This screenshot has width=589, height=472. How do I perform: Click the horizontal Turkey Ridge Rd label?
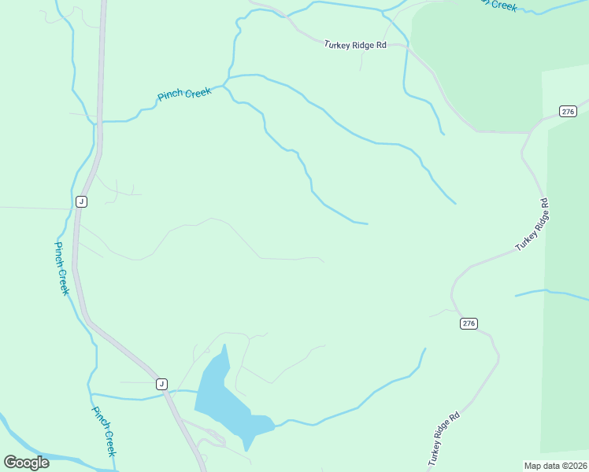(355, 46)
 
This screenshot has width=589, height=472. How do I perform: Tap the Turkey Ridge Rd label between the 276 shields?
(532, 226)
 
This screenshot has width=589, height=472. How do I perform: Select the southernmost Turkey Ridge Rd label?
(443, 438)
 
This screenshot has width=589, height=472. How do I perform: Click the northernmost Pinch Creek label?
(184, 94)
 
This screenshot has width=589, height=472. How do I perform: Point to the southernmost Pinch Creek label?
(104, 431)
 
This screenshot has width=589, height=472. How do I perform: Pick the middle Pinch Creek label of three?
(61, 267)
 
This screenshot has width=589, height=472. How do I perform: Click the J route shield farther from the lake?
(80, 201)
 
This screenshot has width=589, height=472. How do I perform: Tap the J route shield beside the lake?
(161, 384)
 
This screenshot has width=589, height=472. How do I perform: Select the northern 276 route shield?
(568, 111)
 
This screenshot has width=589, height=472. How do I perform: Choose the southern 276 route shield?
(469, 323)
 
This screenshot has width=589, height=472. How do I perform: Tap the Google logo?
(26, 462)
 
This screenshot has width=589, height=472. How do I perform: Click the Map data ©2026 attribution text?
(555, 466)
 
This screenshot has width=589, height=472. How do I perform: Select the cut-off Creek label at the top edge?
(501, 5)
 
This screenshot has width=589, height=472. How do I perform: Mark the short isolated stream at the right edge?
(551, 293)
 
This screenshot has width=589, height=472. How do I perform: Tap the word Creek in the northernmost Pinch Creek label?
(198, 93)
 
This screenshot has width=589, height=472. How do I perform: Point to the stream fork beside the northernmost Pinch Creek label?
(225, 82)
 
